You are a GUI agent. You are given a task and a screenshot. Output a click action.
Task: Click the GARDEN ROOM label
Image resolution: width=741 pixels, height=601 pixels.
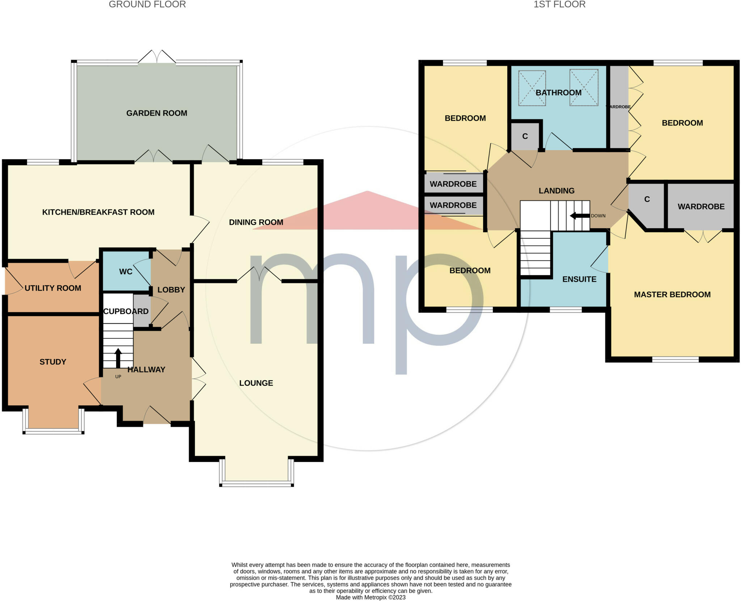pos(157,113)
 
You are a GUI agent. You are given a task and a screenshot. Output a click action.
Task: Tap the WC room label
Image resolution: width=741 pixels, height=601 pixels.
pos(126,272)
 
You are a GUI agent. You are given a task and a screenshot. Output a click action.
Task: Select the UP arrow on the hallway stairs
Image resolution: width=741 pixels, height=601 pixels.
pos(118,358)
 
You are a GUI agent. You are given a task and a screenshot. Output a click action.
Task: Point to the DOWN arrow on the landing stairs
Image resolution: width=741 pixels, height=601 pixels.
pos(580,216)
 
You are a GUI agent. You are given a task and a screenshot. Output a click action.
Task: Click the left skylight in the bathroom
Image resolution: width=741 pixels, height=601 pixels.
pos(532,88)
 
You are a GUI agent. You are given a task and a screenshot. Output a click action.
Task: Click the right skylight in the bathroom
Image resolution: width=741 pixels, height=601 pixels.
pos(584,88)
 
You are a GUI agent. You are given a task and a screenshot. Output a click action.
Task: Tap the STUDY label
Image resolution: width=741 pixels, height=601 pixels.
pos(53,362)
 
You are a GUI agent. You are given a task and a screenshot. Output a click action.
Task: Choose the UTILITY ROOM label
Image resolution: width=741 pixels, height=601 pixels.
pos(53,288)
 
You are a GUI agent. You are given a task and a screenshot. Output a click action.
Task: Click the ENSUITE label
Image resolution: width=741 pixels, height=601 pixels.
pos(579,279)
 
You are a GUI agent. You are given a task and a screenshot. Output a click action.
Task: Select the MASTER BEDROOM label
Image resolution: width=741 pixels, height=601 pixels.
pos(672,295)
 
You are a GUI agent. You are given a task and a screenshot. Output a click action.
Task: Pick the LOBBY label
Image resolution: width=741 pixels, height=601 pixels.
pos(171,290)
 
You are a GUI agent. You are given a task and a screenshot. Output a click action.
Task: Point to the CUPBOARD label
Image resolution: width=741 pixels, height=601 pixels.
pos(126,312)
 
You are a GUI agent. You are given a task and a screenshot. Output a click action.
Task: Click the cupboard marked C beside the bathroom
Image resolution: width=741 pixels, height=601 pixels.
pos(525,136)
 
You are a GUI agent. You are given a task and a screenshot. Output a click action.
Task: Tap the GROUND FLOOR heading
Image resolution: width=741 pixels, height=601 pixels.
pos(147,4)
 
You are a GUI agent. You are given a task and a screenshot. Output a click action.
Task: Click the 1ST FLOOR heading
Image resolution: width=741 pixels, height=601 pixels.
pos(559,4)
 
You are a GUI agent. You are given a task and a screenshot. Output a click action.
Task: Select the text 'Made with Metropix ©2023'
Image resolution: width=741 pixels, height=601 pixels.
pos(370,597)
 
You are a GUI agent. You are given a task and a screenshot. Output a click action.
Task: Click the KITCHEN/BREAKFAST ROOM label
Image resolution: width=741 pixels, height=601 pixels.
pos(98,212)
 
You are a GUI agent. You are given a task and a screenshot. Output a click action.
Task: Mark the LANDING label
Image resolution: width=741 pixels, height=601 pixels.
pos(556,191)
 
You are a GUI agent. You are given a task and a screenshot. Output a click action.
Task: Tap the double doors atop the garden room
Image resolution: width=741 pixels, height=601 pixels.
pos(157,57)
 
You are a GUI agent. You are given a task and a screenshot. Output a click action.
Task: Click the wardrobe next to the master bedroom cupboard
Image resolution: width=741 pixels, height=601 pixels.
pos(701,207)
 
